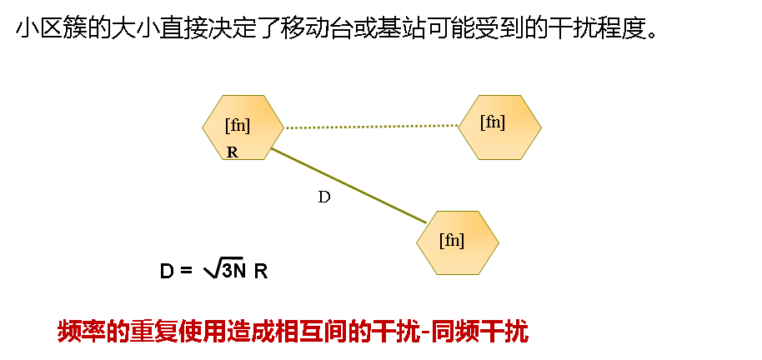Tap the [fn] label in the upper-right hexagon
tap(493, 122)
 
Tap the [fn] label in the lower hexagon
tap(452, 240)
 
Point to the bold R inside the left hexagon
tap(233, 152)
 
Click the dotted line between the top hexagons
tap(371, 127)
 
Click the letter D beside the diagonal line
tap(324, 197)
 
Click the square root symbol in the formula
tap(209, 269)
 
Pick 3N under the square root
tap(234, 271)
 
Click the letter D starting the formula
tap(166, 272)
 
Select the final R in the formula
tap(261, 272)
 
